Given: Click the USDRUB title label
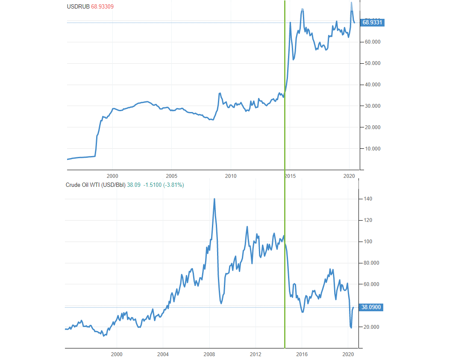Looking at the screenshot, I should (x=78, y=6).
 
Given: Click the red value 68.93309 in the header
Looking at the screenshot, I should (x=102, y=6).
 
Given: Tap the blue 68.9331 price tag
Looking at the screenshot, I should (x=373, y=23).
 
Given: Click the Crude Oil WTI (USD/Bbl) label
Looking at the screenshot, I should (x=95, y=185).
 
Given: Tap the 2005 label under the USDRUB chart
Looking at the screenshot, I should (x=171, y=176).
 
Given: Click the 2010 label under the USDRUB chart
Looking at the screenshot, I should (x=231, y=176).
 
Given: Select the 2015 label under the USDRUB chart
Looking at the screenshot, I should (x=290, y=176).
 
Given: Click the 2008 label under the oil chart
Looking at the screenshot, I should (x=209, y=354).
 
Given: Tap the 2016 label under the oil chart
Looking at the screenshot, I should (x=302, y=354).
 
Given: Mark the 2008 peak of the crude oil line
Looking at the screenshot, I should (x=214, y=199).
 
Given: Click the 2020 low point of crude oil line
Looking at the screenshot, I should (x=351, y=328).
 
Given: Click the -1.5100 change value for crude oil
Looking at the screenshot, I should (x=152, y=185).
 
